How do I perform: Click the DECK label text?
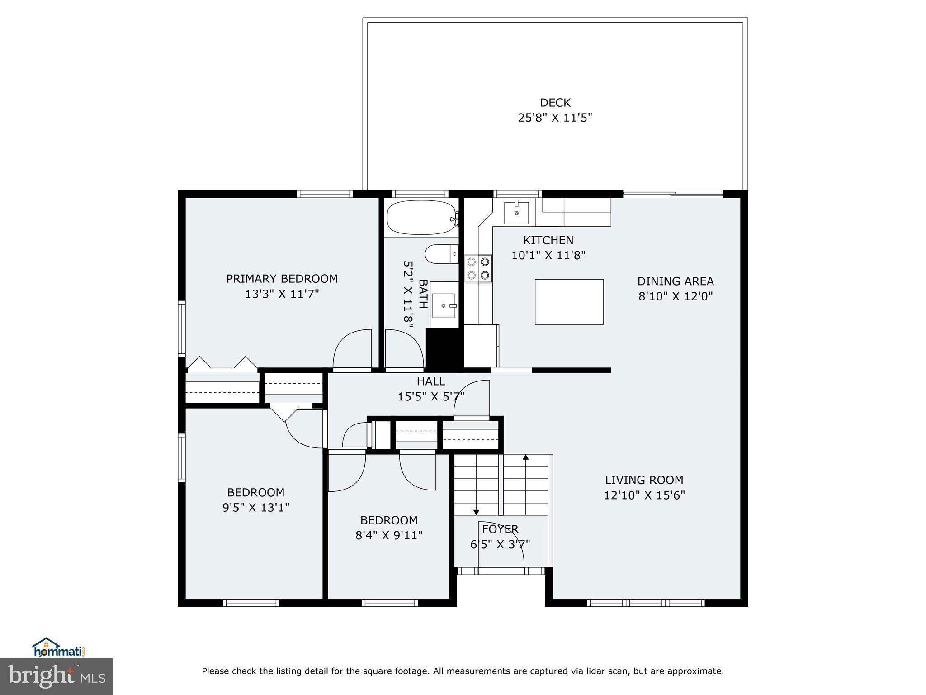tap(555, 103)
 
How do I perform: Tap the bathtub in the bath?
tap(421, 218)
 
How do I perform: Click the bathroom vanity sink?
tap(444, 305)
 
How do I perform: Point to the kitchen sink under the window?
tap(516, 213)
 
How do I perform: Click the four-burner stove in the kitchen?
tap(478, 268)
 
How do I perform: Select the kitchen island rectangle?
tap(569, 302)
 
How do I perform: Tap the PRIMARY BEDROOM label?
tap(282, 279)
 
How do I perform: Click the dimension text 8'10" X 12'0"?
tap(675, 296)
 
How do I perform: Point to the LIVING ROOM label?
tap(644, 480)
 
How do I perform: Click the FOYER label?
tap(500, 529)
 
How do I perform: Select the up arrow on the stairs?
tap(525, 458)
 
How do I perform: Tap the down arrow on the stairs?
tap(476, 512)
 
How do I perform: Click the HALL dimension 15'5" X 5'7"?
tap(430, 397)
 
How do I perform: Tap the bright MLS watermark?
tap(57, 676)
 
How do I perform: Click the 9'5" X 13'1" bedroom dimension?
tap(255, 508)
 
